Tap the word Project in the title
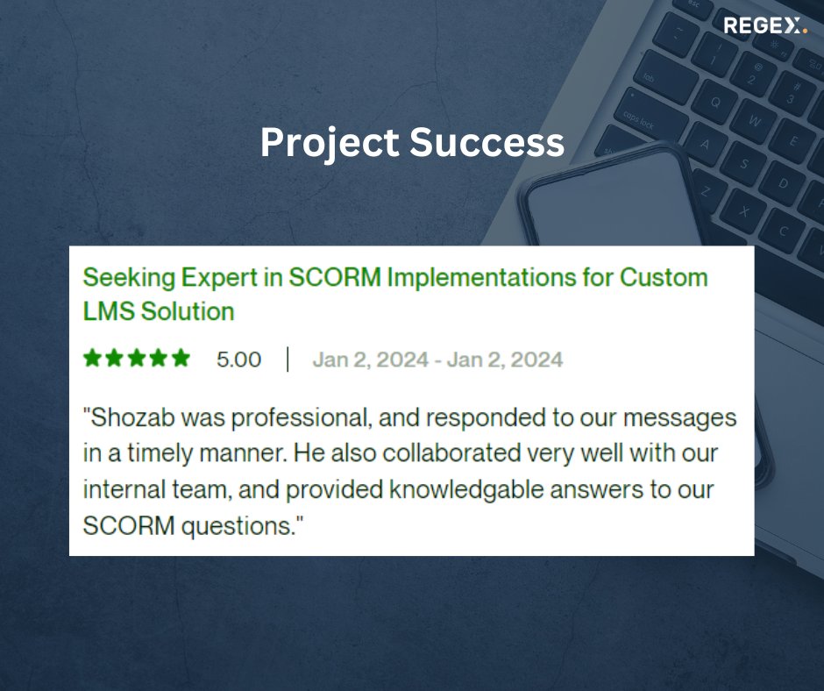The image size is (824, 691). point(328,142)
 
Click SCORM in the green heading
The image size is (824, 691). point(336,278)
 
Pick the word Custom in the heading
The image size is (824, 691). point(664,278)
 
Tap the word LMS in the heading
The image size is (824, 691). point(107,311)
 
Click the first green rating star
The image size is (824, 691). point(91,358)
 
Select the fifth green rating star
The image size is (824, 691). point(181,358)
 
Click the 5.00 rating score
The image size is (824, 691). point(238,360)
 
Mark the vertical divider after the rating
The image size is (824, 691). point(288,360)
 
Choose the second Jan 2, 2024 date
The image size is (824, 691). point(504,360)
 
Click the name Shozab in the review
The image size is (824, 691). point(122,417)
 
